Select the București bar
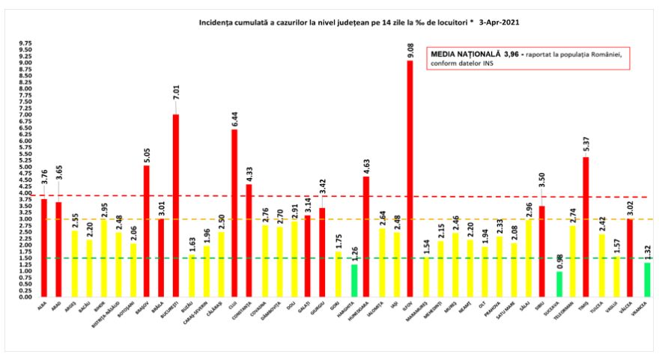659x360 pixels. [x=176, y=205]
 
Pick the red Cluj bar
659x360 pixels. [x=234, y=213]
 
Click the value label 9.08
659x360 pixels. [x=410, y=50]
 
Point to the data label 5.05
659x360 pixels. [x=147, y=153]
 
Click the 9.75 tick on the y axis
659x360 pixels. [x=25, y=43]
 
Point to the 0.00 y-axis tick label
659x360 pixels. [x=25, y=296]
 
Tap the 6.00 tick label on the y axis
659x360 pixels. [x=25, y=141]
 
